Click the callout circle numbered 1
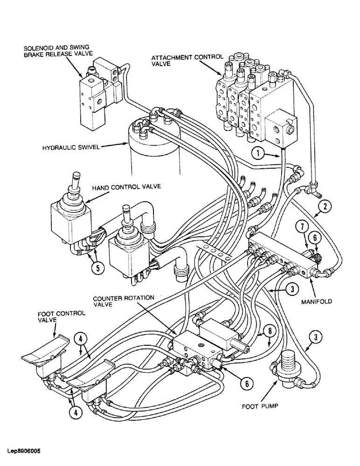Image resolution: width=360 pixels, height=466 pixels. point(258,151)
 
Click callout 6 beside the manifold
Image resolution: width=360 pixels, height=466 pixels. point(315,237)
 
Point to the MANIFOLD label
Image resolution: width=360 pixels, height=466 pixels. point(316,301)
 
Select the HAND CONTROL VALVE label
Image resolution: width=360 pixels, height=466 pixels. point(126,186)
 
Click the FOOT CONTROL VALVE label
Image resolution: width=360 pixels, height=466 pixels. point(61,316)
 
